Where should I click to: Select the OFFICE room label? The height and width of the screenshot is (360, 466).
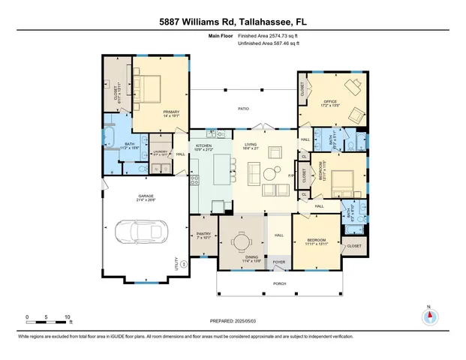tap(329, 102)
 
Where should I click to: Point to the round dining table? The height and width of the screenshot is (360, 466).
tap(241, 241)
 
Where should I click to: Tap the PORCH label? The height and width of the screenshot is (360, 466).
tap(281, 284)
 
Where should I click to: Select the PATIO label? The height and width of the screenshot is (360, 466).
tap(243, 109)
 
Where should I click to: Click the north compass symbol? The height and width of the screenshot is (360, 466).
tap(429, 316)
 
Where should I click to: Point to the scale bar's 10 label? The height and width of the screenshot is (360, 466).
tap(68, 317)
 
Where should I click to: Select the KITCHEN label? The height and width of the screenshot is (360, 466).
tap(203, 145)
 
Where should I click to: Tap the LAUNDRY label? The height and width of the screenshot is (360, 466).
tap(161, 151)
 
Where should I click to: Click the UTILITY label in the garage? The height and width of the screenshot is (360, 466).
tap(177, 264)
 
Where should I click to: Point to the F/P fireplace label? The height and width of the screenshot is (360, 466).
tap(291, 175)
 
